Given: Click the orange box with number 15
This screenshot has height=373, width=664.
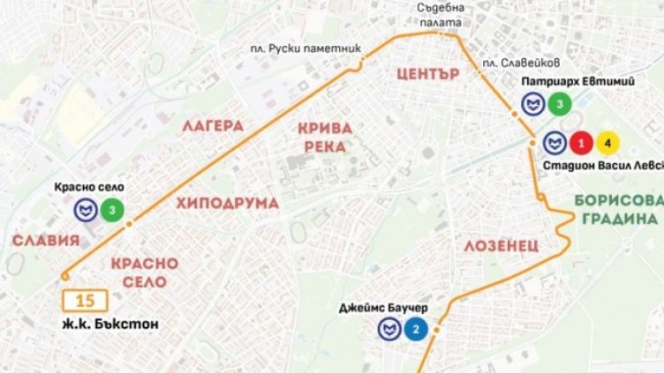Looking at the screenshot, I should click(86, 301).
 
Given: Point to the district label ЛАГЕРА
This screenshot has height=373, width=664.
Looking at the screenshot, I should click(213, 126).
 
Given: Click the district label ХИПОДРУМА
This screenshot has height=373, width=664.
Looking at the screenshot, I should click(227, 204).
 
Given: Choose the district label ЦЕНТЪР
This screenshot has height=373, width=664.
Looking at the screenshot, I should click(428, 74).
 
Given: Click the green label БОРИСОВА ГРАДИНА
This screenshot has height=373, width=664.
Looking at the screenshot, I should click(616, 210).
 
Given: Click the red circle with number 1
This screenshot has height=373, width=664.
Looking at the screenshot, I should click(581, 142).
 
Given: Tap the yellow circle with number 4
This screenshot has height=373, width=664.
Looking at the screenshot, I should click(607, 142).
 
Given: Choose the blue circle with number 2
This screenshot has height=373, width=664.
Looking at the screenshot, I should click(415, 331).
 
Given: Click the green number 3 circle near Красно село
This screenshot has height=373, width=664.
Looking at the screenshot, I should click(112, 210).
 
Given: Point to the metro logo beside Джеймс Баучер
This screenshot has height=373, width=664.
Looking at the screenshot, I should click(388, 331).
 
